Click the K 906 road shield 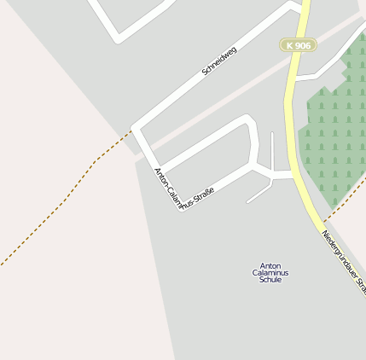[x=299, y=44]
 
